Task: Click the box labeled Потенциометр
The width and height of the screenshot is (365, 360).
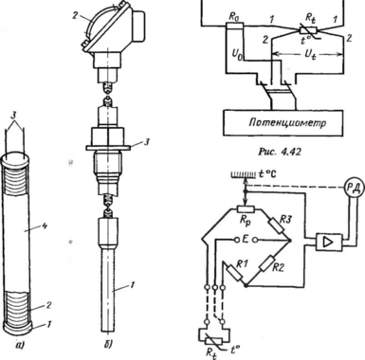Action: click(x=283, y=123)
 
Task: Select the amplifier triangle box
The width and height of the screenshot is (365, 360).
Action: click(x=329, y=243)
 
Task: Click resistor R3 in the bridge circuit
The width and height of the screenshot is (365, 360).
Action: click(x=277, y=225)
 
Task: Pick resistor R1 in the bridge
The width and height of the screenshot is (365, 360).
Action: click(x=233, y=272)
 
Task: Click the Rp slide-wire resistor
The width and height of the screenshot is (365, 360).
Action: click(x=246, y=208)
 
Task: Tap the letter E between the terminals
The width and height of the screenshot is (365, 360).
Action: click(x=244, y=241)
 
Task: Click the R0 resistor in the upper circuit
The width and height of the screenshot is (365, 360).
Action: click(x=235, y=27)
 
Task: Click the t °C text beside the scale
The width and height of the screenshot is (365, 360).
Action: click(x=266, y=173)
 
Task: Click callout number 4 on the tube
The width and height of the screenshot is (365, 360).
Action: click(x=44, y=226)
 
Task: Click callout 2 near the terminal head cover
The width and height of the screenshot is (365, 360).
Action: click(x=75, y=16)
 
